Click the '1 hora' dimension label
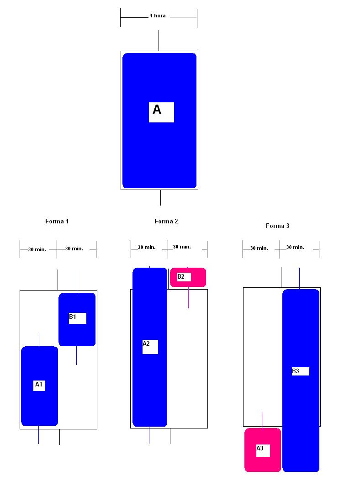158,16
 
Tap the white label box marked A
161,112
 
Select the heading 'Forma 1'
57,222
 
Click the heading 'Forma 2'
166,222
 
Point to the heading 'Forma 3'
278,226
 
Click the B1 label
77,318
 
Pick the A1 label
39,385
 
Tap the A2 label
150,346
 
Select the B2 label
184,277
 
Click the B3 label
300,371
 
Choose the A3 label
263,450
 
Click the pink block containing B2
198,277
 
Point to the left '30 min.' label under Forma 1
37,249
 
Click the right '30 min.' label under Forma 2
182,247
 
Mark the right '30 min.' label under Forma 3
295,248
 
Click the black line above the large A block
159,40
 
